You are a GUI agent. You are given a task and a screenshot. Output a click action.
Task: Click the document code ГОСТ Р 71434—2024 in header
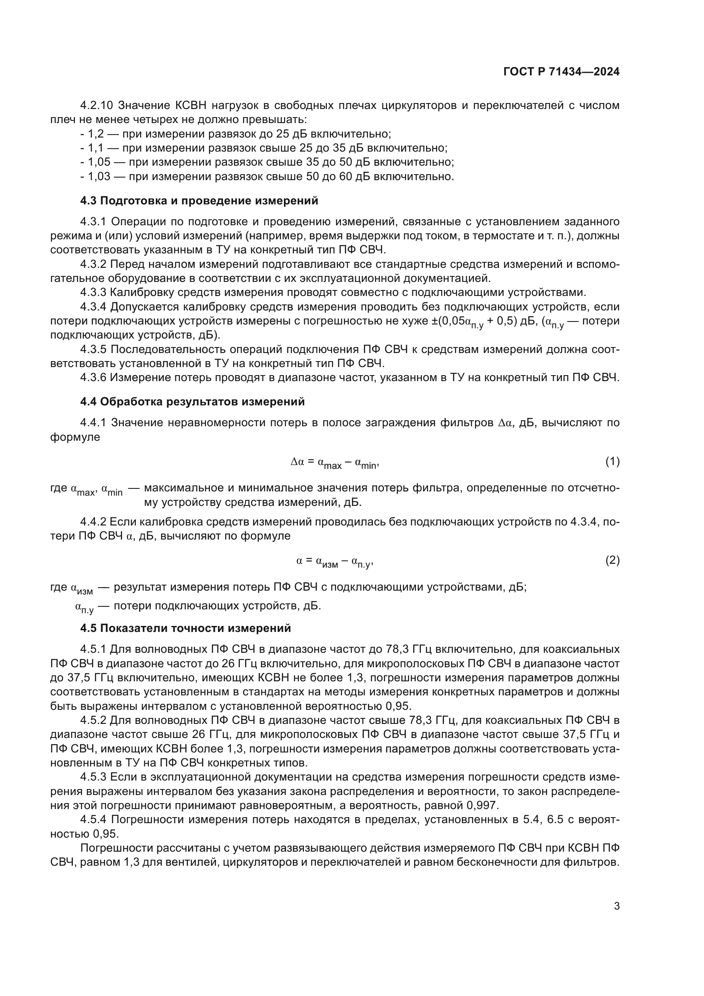click(561, 72)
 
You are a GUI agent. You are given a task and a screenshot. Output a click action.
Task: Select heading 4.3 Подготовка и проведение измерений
click(199, 201)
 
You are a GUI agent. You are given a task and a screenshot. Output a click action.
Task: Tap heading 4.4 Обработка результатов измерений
click(192, 402)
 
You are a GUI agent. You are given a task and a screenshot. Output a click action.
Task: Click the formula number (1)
click(612, 462)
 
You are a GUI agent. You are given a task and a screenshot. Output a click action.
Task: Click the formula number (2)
click(612, 561)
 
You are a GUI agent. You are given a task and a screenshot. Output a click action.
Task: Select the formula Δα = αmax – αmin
click(335, 463)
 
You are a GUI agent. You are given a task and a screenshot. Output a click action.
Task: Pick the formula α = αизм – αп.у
click(335, 562)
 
